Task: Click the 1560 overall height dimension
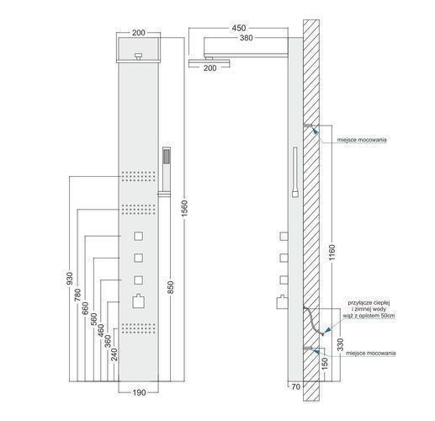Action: pos(184,208)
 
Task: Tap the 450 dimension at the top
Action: pos(239,28)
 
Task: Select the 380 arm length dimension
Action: pos(247,38)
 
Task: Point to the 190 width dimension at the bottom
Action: pos(139,392)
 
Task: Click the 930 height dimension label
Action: pos(69,279)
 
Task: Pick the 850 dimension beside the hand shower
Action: pos(171,287)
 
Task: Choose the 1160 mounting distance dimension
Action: pos(332,253)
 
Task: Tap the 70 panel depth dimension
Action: pos(296,386)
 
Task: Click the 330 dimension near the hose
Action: pos(340,344)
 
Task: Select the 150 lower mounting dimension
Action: pos(325,364)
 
